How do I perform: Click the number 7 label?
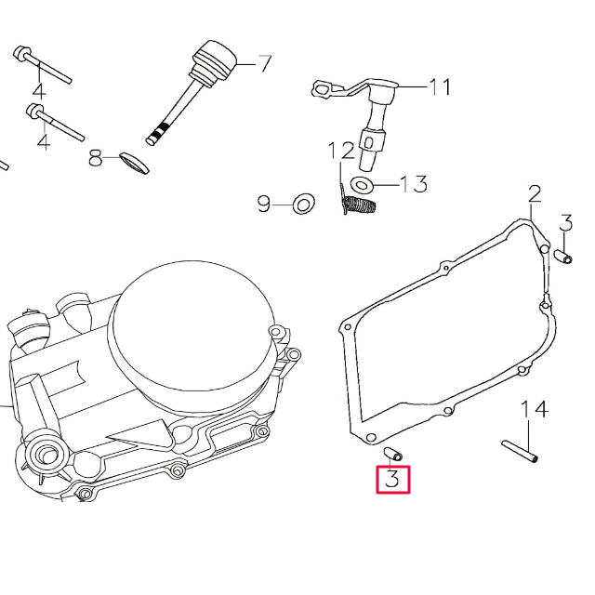(264, 64)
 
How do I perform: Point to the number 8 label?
(96, 159)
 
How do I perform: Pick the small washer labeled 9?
(302, 204)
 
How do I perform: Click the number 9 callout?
(264, 203)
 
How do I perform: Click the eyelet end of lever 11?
(323, 90)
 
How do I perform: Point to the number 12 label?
(341, 152)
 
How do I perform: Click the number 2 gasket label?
(535, 194)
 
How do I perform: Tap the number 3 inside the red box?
(392, 480)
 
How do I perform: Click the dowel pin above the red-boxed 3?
(393, 454)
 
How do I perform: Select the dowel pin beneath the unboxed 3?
(563, 255)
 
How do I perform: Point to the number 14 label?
(534, 409)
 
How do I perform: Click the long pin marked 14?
(521, 450)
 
